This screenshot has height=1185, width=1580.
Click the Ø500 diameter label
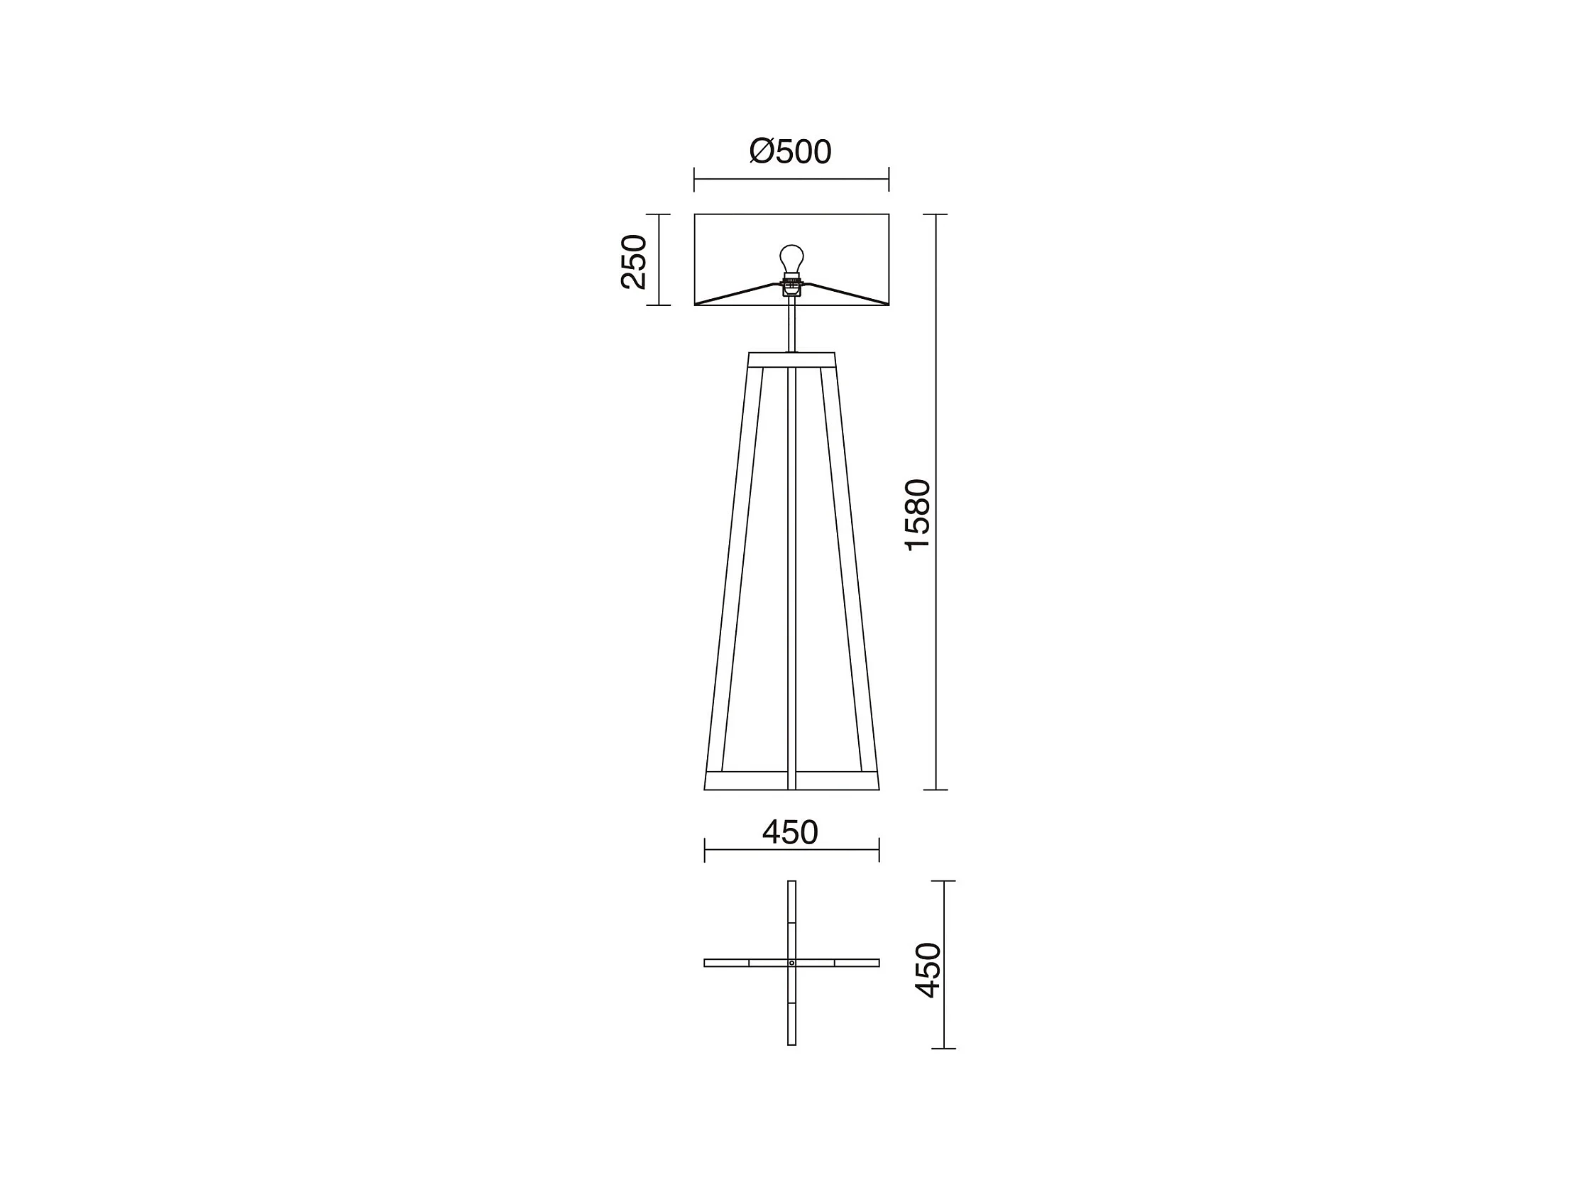(790, 151)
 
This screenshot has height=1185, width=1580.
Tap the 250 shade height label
(634, 261)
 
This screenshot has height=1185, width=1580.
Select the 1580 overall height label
(918, 515)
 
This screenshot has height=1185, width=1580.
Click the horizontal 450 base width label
(790, 832)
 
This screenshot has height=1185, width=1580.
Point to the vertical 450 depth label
(928, 970)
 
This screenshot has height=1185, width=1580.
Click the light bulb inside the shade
(791, 258)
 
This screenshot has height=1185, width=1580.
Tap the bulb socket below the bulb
(791, 284)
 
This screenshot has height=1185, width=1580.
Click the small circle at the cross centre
(791, 963)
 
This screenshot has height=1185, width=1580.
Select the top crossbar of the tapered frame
(791, 360)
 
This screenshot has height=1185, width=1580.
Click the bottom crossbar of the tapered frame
(791, 781)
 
